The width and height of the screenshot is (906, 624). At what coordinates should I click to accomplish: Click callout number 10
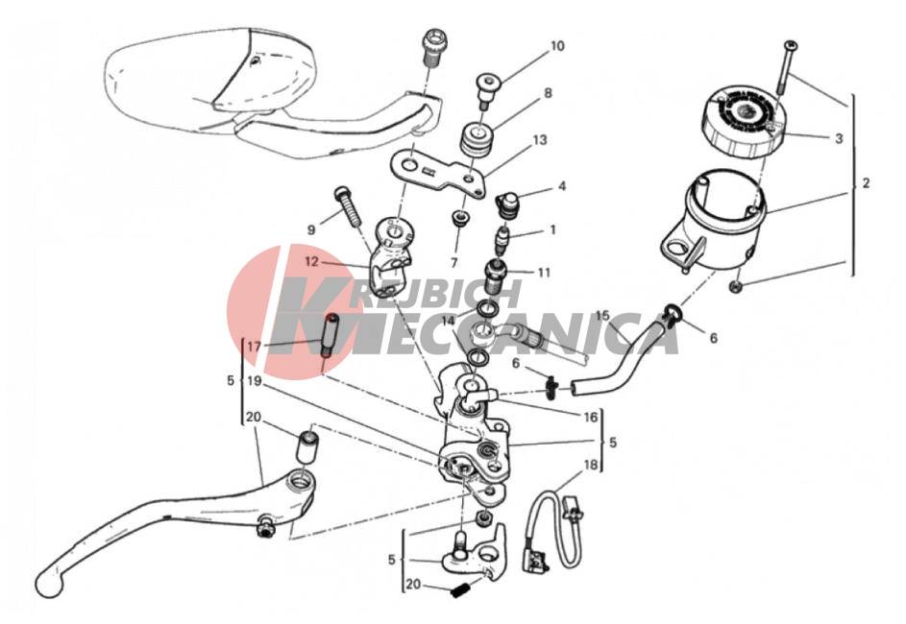(557, 46)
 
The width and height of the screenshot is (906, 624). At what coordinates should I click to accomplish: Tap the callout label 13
(540, 140)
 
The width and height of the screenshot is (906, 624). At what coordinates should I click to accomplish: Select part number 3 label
(839, 138)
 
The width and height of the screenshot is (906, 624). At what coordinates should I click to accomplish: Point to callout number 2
(866, 183)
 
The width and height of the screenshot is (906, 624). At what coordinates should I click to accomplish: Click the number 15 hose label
(602, 316)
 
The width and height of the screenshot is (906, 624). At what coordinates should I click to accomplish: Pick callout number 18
(590, 464)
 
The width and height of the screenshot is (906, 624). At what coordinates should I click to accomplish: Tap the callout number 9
(311, 229)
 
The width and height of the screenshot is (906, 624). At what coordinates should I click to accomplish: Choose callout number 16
(590, 417)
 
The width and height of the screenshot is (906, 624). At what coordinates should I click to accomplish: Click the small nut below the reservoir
(736, 286)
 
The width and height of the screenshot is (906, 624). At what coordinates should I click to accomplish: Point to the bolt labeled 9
(347, 206)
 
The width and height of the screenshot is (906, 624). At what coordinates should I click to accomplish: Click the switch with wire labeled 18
(553, 531)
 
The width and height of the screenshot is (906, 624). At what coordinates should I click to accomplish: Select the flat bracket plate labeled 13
(438, 173)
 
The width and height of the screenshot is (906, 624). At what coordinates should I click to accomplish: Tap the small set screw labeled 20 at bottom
(460, 591)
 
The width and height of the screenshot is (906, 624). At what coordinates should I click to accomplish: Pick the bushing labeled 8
(477, 139)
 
